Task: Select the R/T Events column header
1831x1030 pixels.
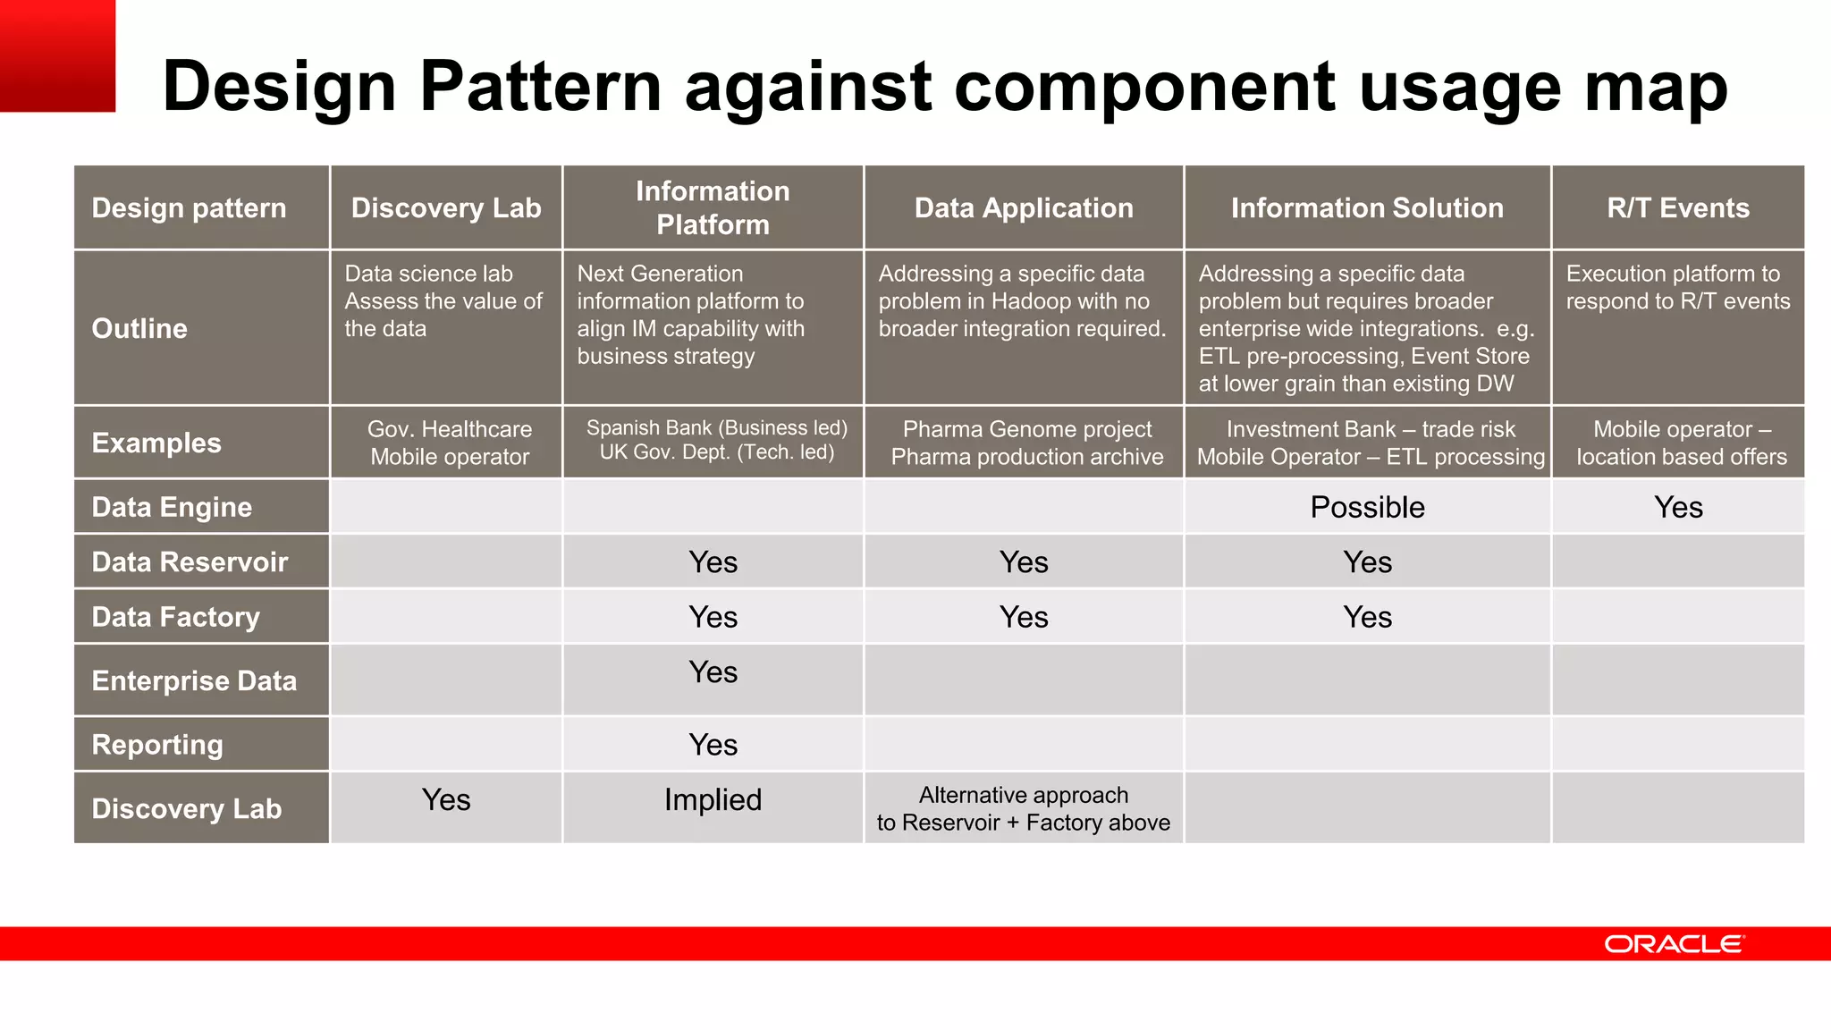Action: point(1677,207)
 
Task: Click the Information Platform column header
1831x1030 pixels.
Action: point(713,207)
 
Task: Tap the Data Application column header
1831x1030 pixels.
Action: point(1024,207)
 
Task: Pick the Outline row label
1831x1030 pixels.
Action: point(139,328)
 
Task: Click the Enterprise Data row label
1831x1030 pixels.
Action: point(194,680)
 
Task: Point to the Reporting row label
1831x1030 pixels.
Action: point(157,744)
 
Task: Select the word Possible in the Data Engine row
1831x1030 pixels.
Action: point(1367,507)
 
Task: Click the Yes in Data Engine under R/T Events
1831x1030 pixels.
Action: point(1678,507)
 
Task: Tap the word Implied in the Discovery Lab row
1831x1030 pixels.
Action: point(713,799)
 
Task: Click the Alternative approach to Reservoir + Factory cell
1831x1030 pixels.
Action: point(1024,808)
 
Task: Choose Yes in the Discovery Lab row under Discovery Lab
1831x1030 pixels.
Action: point(446,799)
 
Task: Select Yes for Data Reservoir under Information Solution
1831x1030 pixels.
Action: point(1367,561)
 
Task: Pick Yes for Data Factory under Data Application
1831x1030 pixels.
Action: point(1024,617)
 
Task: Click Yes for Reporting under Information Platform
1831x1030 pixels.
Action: point(713,744)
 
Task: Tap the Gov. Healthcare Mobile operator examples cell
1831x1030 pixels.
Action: point(450,443)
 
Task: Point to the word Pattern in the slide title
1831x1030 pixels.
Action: point(540,87)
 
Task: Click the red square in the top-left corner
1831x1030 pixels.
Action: point(57,55)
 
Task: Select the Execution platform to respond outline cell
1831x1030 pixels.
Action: point(1677,287)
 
